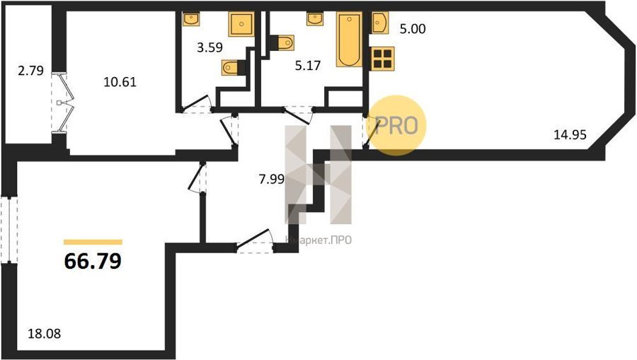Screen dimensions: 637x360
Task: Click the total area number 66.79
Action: coord(93,261)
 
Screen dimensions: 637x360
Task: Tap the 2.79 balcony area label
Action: coord(30,71)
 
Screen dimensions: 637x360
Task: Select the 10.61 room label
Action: coord(120,82)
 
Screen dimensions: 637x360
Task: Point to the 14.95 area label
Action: coord(570,134)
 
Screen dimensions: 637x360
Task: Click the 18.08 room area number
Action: coord(45,334)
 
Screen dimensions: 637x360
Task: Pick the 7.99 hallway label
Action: coord(271,179)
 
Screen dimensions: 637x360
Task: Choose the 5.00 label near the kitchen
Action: coord(413,29)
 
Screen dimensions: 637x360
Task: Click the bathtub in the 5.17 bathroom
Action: coord(350,39)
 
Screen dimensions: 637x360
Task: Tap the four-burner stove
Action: coord(382,58)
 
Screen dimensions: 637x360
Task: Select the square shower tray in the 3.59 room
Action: coord(241,24)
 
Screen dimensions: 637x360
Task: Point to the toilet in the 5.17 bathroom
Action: coord(282,42)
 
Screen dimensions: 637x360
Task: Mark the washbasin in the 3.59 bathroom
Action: coord(191,18)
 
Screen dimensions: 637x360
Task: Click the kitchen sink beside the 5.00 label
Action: coord(379,23)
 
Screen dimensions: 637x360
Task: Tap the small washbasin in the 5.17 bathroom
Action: coord(315,18)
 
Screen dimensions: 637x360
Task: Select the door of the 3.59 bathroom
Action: coord(196,104)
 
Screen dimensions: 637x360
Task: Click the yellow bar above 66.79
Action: coord(93,243)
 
